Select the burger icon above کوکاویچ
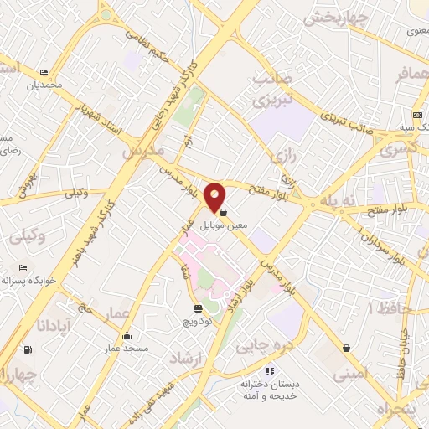[198, 308]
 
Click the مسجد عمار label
[126, 347]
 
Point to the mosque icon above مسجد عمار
[126, 336]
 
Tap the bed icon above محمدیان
[44, 73]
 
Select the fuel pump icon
[30, 349]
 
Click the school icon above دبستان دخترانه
[269, 370]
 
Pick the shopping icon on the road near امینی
[346, 348]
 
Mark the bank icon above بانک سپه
[417, 115]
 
